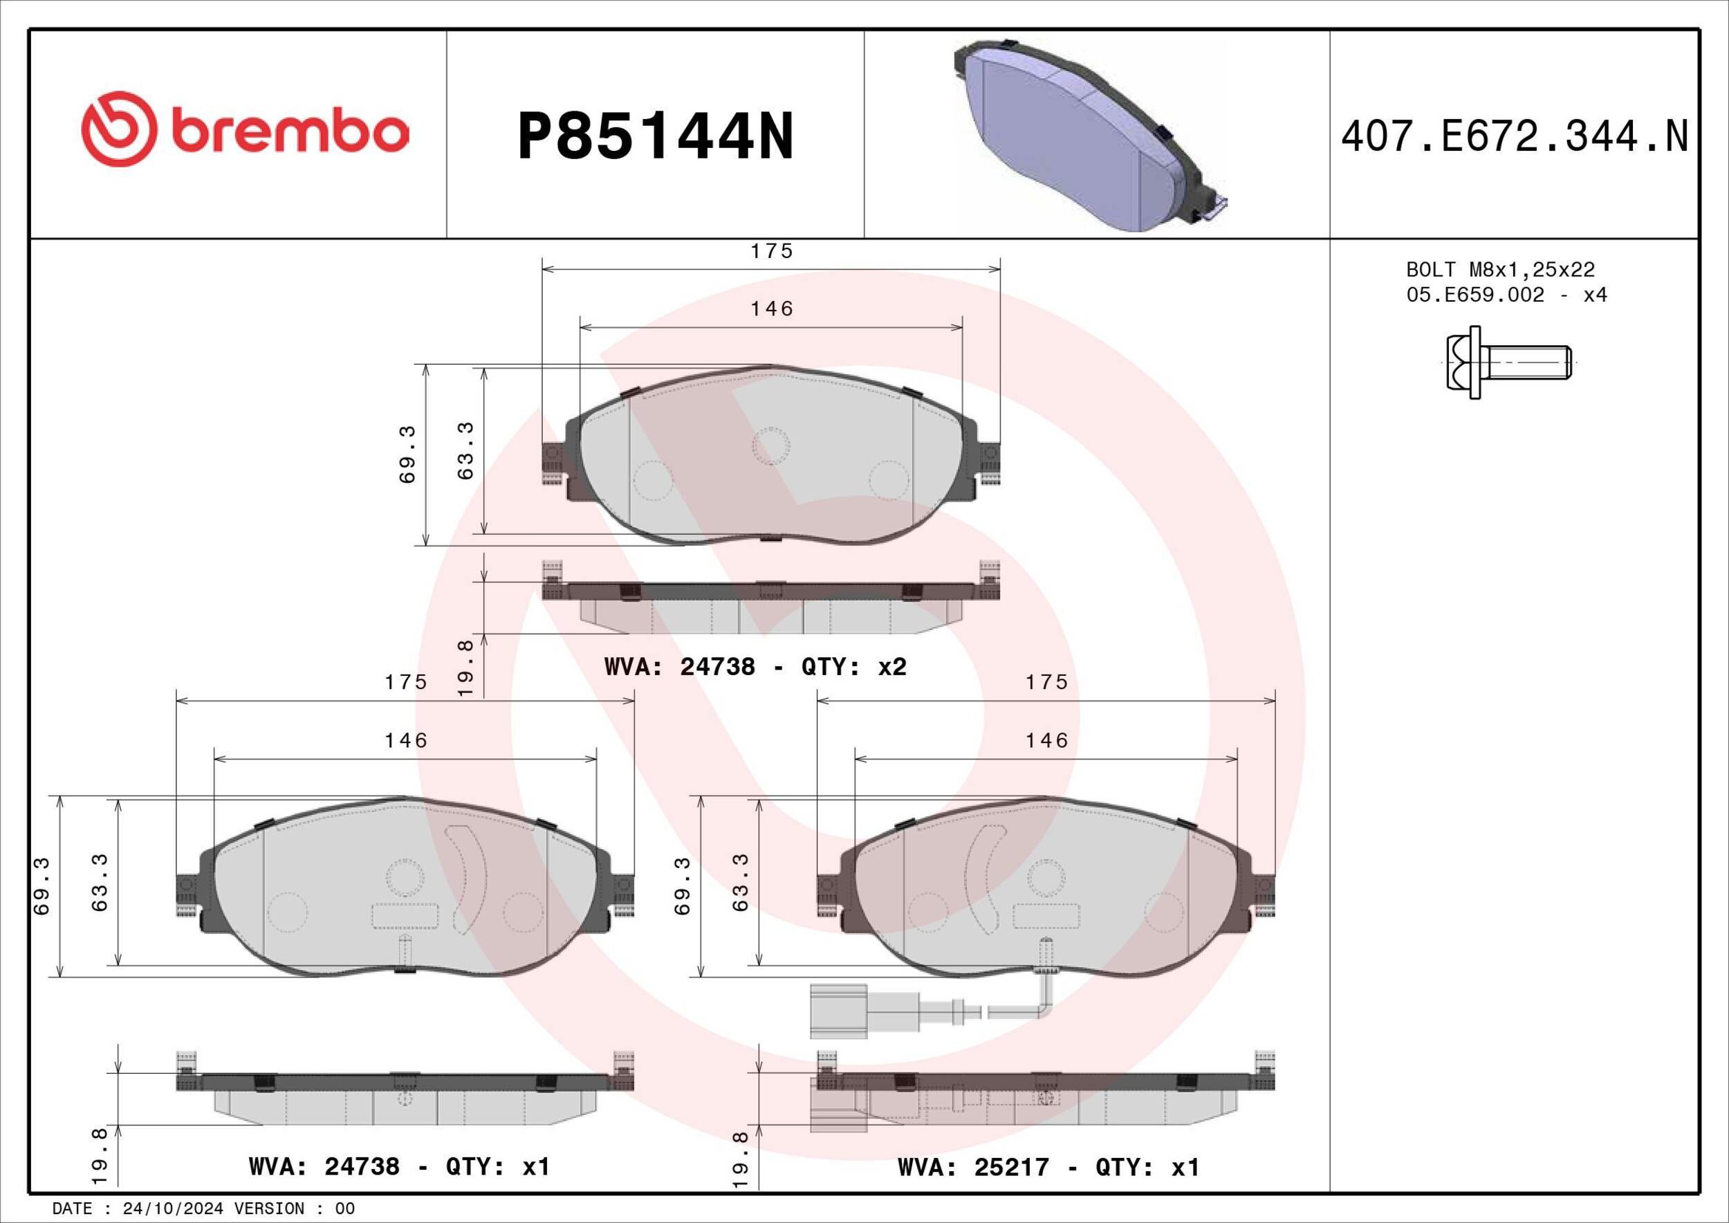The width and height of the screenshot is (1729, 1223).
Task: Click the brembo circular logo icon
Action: click(119, 129)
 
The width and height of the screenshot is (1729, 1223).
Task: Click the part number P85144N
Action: click(655, 136)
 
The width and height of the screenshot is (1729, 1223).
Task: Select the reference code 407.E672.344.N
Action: click(1514, 136)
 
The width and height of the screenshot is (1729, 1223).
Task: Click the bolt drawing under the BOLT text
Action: click(1508, 362)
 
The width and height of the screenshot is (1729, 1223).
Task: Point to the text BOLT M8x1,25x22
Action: click(1500, 270)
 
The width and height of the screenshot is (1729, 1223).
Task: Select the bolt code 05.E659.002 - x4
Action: click(1506, 295)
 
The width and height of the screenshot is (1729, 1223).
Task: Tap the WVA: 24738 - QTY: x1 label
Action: click(399, 1166)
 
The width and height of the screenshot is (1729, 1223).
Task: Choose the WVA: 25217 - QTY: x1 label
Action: click(1048, 1166)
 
